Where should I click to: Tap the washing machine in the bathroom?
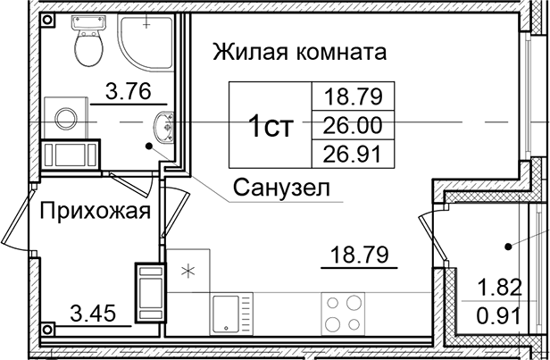[66, 116]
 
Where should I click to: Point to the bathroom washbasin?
[165, 128]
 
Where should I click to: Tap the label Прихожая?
[93, 211]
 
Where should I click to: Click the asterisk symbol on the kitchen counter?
[188, 269]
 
